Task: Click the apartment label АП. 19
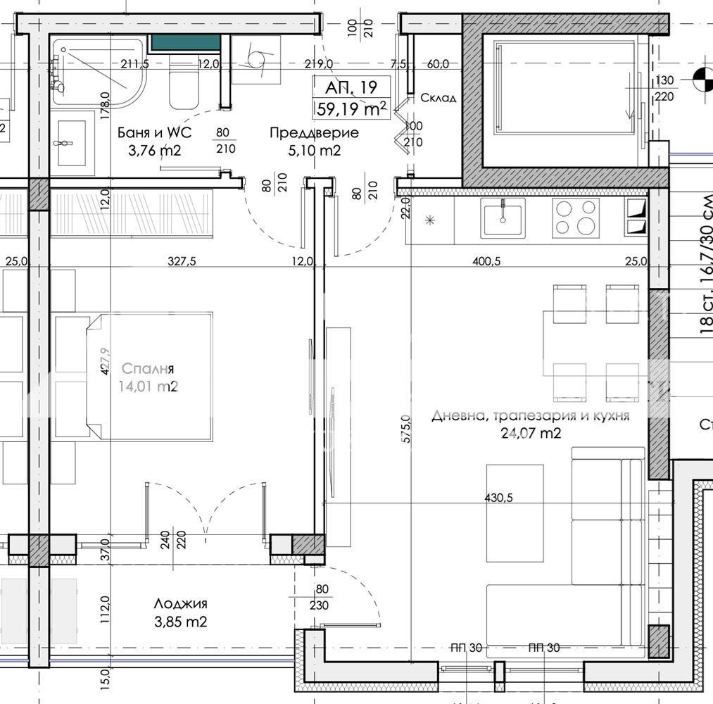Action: click(x=351, y=87)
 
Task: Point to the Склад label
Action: click(x=438, y=98)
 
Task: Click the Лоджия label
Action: click(x=182, y=603)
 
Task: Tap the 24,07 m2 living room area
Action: click(x=531, y=434)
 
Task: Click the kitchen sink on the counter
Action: click(x=503, y=218)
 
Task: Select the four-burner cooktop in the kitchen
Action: click(x=576, y=218)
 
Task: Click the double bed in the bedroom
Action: click(x=151, y=377)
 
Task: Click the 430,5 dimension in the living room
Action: click(x=498, y=497)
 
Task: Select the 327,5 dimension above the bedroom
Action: click(x=182, y=260)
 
